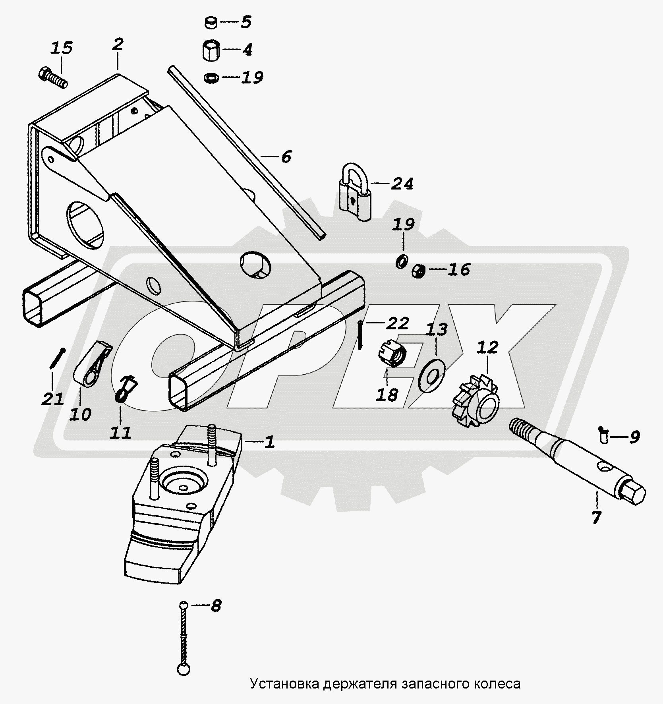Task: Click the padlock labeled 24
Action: coord(355,195)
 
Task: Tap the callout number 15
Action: coord(62,48)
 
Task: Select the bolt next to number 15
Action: coord(53,78)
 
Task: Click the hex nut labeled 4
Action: coord(209,50)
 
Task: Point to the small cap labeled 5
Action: coord(211,23)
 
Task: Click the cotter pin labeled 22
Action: coord(360,335)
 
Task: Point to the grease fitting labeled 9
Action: coord(604,435)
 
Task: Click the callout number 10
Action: coord(80,414)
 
